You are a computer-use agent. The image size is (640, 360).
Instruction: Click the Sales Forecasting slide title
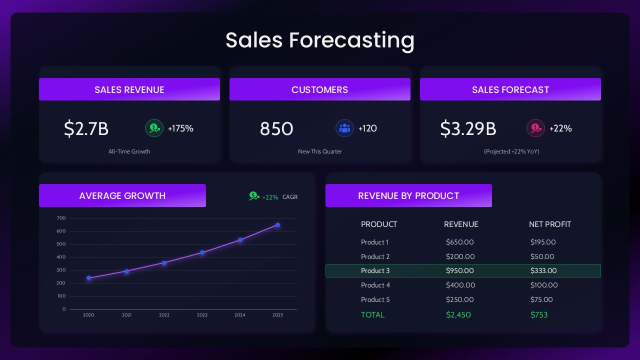tap(320, 40)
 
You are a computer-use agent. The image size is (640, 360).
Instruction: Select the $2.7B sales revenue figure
tap(86, 128)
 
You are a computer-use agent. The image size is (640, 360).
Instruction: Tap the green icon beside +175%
tap(154, 128)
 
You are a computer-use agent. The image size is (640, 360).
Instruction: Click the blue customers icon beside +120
tap(344, 128)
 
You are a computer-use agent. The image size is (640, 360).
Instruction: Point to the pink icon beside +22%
tap(535, 128)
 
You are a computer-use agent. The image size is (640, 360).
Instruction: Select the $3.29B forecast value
tap(468, 128)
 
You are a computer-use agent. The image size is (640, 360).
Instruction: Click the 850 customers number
tap(276, 128)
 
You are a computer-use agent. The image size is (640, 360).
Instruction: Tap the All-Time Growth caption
tap(129, 151)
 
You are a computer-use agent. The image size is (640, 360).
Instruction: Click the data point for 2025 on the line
tap(277, 225)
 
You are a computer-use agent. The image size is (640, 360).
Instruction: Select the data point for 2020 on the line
tap(88, 278)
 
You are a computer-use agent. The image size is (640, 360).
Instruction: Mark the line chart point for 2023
tap(202, 252)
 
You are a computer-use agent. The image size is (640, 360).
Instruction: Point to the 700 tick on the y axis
tap(61, 218)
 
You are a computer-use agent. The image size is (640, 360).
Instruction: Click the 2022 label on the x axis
tap(164, 315)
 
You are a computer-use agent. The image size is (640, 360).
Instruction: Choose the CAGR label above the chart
tap(290, 197)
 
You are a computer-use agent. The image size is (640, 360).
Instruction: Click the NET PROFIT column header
tap(549, 224)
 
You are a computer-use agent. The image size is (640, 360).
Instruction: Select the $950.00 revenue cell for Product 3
tap(459, 270)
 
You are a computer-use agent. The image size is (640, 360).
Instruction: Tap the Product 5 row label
tap(375, 299)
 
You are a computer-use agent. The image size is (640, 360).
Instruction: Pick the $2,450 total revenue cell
tap(458, 314)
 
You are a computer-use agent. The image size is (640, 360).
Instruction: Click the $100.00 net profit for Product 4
tap(543, 285)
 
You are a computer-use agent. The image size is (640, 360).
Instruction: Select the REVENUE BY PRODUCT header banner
tap(408, 195)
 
